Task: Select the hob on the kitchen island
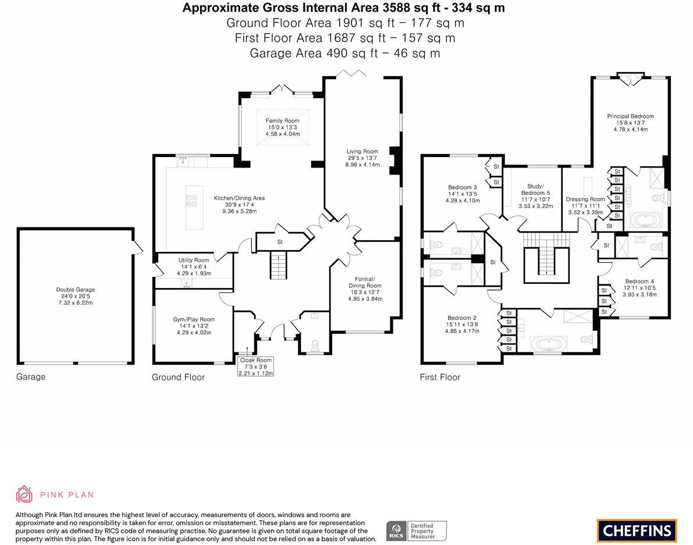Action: tap(191, 201)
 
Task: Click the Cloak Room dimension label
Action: tap(256, 366)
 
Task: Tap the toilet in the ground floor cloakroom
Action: tap(315, 345)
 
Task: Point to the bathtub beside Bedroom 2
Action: tap(550, 344)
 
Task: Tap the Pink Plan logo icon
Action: tap(24, 494)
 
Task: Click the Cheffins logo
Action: tap(637, 530)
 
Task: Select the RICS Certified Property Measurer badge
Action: tap(416, 530)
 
